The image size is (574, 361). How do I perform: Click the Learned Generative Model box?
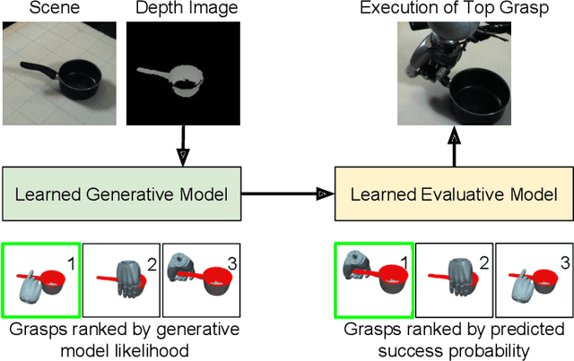click(x=123, y=192)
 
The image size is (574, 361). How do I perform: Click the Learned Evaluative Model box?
click(x=453, y=192)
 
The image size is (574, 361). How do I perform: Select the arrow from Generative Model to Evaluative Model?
click(x=289, y=192)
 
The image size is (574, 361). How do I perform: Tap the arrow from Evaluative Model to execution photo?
click(x=453, y=148)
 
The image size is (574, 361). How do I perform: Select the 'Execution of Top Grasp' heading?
click(x=453, y=9)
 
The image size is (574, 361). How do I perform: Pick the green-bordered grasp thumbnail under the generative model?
click(x=41, y=280)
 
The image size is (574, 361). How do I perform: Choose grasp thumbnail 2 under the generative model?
click(x=121, y=280)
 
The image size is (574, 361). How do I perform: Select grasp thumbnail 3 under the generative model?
click(x=202, y=280)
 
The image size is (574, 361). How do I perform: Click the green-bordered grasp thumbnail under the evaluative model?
click(x=373, y=280)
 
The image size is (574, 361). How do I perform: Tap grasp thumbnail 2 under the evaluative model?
click(x=453, y=280)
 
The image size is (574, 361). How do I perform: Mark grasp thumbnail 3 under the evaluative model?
click(x=534, y=280)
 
